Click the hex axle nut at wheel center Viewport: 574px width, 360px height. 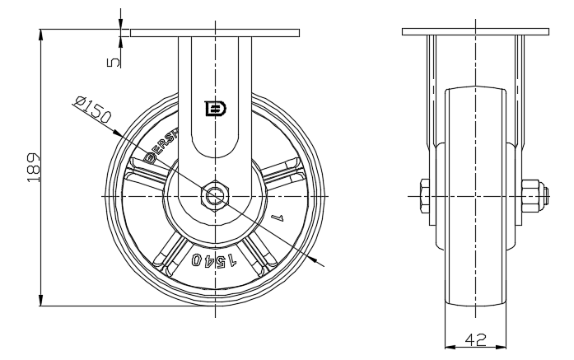(215, 197)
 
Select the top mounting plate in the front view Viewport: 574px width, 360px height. (214, 32)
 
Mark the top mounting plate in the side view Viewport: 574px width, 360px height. (474, 32)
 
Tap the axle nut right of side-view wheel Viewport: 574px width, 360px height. (531, 197)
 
